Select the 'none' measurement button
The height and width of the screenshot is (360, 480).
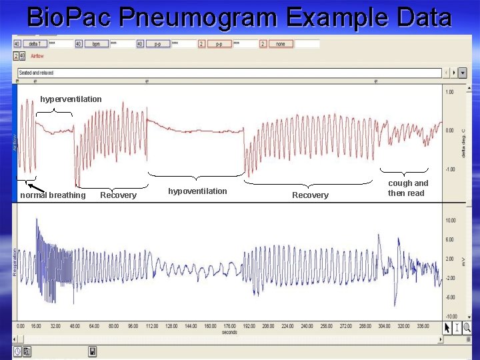(x=281, y=44)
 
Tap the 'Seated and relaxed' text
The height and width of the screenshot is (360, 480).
(x=36, y=73)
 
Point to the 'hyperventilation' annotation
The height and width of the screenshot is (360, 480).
(x=71, y=99)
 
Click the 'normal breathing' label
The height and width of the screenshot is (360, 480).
(x=53, y=195)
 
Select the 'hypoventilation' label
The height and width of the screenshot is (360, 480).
(x=197, y=191)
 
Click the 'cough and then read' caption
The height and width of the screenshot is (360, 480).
(x=408, y=188)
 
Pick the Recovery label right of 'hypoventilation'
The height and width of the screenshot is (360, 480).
(x=310, y=195)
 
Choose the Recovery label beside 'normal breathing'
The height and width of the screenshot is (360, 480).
(x=118, y=195)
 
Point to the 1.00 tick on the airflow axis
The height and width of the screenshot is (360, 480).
(x=450, y=92)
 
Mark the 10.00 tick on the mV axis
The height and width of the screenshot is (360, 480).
(x=451, y=220)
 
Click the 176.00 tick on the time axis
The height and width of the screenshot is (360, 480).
(x=229, y=327)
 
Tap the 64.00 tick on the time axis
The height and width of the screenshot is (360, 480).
(x=95, y=327)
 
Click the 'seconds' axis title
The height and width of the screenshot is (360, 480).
(x=229, y=332)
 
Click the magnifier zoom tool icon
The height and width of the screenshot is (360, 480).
(x=466, y=327)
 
